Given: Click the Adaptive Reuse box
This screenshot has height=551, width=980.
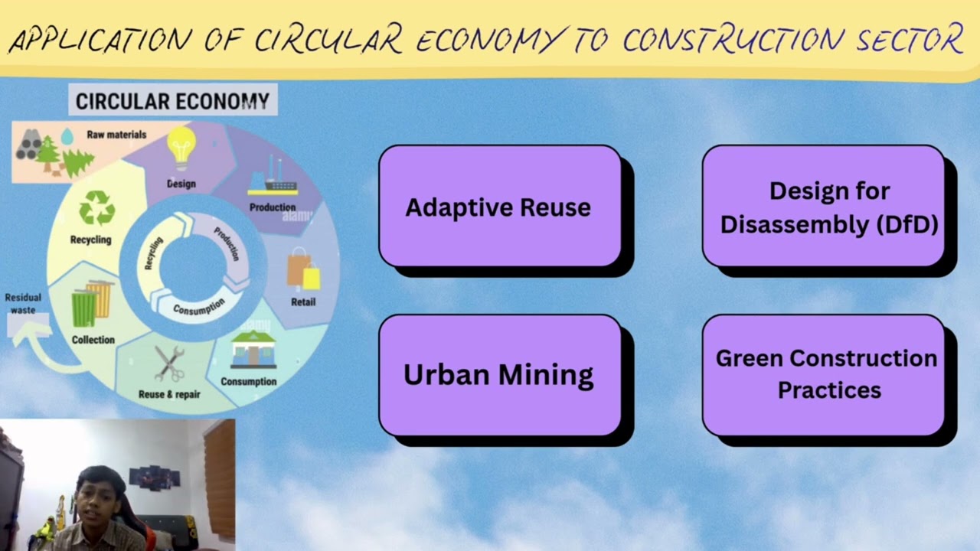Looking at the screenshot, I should [x=499, y=207].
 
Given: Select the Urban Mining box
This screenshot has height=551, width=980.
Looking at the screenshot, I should [x=499, y=375].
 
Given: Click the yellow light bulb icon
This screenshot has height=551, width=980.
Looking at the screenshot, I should [x=181, y=147].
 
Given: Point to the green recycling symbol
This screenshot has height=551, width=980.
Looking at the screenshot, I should [x=97, y=207].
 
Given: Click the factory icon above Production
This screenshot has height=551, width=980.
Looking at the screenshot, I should [x=273, y=178].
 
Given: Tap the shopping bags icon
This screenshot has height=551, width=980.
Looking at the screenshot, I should [x=303, y=269].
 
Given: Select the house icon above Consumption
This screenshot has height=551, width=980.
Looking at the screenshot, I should [x=253, y=351].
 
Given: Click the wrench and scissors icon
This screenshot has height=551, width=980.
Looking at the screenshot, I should [x=169, y=364].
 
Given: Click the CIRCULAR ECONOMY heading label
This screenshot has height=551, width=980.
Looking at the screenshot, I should [x=172, y=101].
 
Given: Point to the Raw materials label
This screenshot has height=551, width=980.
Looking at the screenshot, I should [x=116, y=135].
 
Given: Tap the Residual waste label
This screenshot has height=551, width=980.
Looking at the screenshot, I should [x=23, y=303].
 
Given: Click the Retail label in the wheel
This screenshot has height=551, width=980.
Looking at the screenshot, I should [x=303, y=302].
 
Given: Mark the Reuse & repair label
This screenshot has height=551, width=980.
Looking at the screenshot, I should [x=169, y=395].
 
